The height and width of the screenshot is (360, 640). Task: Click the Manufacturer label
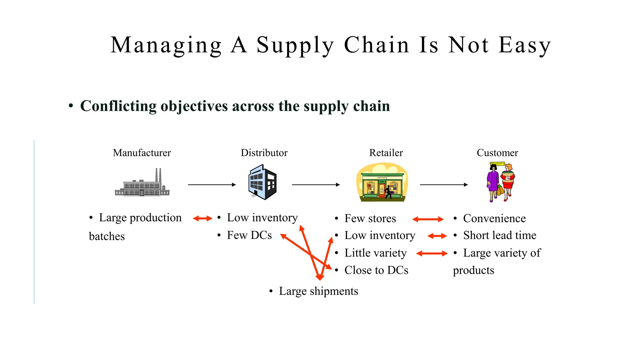pos(142,153)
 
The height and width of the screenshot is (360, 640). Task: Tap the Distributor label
pos(264,153)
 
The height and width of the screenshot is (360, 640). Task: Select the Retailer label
pos(386,153)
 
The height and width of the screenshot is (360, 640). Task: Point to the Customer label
pos(497,153)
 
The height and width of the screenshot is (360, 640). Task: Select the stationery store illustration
pos(382,183)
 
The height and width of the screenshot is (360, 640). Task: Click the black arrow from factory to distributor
pos(212,185)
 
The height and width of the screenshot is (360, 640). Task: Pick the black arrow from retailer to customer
pos(444,185)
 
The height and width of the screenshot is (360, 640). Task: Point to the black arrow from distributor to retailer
pos(316,185)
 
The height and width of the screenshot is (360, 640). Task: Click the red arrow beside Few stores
pos(428,219)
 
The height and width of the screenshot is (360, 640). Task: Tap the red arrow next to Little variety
pos(432,253)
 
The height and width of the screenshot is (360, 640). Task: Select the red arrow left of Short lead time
pos(437,236)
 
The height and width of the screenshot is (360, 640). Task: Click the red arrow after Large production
pos(202,218)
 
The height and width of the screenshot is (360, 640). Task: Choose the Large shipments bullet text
pos(318,291)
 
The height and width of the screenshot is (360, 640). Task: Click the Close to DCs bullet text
pos(376,270)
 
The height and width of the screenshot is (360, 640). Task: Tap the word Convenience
pos(494,218)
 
